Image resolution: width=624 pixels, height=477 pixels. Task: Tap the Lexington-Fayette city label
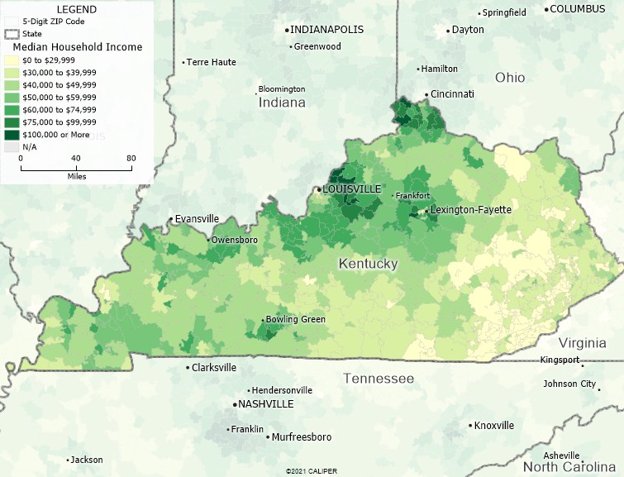(471, 210)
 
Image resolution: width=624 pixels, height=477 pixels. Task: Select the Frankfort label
(412, 196)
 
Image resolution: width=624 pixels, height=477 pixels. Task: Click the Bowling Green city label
(295, 319)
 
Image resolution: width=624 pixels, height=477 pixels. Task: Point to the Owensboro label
(235, 240)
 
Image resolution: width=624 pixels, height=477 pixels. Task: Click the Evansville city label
(198, 219)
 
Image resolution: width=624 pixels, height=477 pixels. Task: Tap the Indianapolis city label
(326, 30)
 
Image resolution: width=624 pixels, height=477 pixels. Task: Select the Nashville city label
(265, 404)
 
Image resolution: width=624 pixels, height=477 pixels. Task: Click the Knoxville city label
(494, 426)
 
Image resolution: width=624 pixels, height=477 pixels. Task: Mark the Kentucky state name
(368, 264)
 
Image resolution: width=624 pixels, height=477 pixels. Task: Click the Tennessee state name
(379, 379)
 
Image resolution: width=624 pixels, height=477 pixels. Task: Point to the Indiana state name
(282, 103)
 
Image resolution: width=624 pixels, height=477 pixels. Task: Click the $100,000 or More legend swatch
(12, 134)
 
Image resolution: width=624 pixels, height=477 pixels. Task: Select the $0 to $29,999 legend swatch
(12, 60)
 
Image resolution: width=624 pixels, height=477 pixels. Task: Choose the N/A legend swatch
(12, 146)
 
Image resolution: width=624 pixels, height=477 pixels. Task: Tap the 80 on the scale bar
(131, 158)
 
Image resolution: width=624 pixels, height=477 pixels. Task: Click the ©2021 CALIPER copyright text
(312, 471)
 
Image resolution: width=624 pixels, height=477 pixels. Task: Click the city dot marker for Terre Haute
(183, 63)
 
